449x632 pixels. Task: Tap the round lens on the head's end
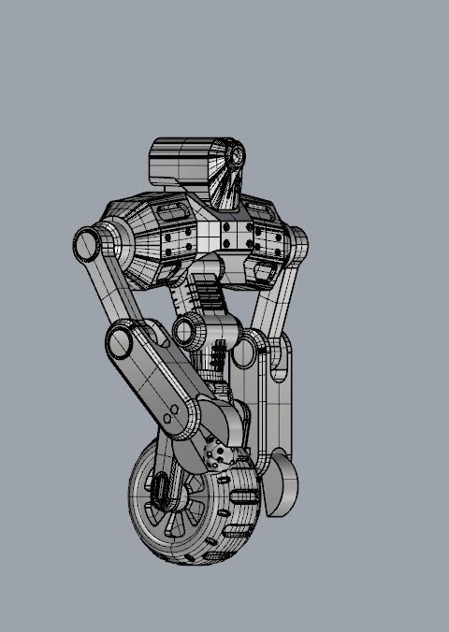point(238,155)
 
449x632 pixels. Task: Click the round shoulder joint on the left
point(87,245)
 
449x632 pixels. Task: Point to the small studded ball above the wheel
point(219,455)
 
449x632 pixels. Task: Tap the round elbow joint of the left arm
point(123,342)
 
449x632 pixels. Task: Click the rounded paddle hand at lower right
point(281,482)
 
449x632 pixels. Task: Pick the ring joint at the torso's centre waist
point(190,329)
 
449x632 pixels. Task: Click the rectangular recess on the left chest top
point(172,215)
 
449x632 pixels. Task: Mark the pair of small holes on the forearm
point(172,414)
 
